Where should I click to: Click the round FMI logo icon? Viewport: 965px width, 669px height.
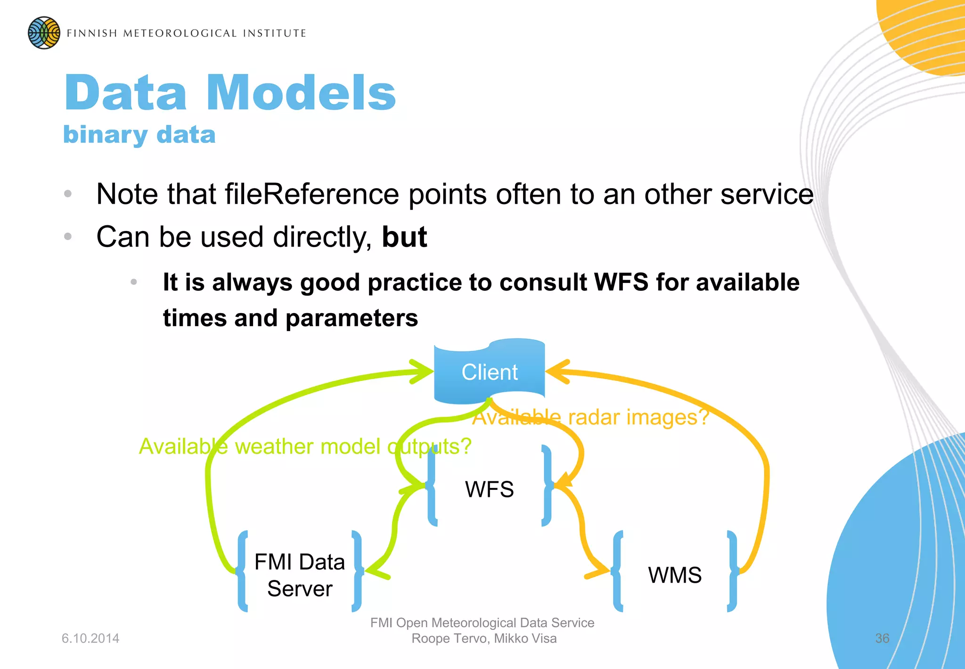pyautogui.click(x=44, y=33)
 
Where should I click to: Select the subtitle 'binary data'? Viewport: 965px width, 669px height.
pyautogui.click(x=139, y=135)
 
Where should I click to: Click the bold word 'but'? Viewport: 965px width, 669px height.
pyautogui.click(x=404, y=237)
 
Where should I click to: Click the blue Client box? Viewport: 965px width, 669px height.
pyautogui.click(x=489, y=372)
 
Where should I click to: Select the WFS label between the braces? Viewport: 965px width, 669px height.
pyautogui.click(x=489, y=489)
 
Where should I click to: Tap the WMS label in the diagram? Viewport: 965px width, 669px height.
pyautogui.click(x=674, y=575)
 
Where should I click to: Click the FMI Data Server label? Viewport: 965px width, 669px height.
pyautogui.click(x=300, y=575)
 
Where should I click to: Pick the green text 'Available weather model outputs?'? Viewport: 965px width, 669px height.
pyautogui.click(x=305, y=446)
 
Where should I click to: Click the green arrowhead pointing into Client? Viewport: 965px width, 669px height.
pyautogui.click(x=422, y=372)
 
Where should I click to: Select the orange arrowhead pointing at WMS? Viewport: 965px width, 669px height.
pyautogui.click(x=599, y=571)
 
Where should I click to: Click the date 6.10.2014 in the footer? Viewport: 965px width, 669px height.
pyautogui.click(x=90, y=638)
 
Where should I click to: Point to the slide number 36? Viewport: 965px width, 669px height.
pyautogui.click(x=882, y=638)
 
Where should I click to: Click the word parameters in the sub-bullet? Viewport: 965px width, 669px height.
pyautogui.click(x=352, y=318)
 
